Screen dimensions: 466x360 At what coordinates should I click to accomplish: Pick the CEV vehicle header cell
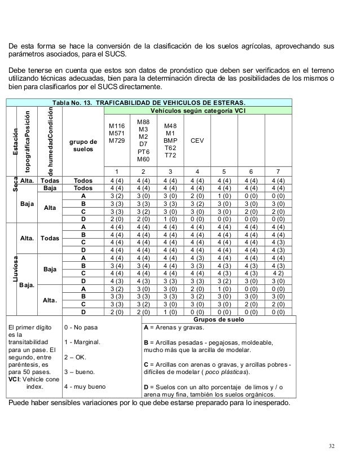tap(197, 139)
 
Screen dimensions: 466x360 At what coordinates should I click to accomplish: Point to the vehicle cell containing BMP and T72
tap(170, 139)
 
